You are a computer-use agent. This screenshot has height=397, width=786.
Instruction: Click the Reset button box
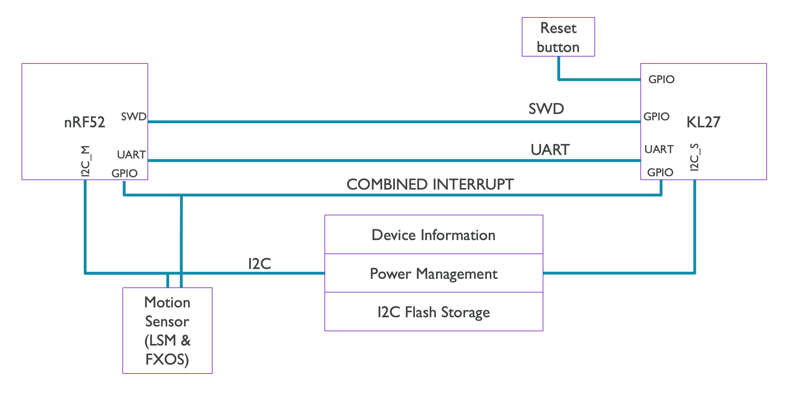558,37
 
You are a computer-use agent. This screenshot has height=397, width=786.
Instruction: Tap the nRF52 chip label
84,122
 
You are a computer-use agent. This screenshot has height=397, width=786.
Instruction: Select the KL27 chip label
703,122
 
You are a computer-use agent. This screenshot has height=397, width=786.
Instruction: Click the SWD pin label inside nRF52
134,117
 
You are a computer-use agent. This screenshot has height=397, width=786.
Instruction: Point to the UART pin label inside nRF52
131,155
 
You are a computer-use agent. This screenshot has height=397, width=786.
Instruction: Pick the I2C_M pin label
86,161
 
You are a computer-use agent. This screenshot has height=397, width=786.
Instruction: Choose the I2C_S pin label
695,157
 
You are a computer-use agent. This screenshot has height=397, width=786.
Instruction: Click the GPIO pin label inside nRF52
124,173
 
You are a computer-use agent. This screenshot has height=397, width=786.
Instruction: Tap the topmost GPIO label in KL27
661,79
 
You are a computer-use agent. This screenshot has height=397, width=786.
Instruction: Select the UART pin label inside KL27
659,149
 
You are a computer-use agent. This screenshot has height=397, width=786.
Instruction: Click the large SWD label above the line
546,109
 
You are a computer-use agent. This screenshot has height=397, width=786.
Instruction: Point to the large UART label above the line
550,150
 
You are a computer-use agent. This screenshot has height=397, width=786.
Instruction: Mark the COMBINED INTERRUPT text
430,185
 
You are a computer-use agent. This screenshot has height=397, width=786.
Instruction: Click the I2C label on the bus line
259,264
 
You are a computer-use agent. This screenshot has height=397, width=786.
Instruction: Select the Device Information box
433,235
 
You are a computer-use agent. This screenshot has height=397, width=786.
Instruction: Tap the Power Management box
433,273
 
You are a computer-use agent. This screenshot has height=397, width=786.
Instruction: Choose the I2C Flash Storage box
433,312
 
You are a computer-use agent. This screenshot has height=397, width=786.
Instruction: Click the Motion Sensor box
167,330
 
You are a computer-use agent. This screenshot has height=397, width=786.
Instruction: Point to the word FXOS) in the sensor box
167,360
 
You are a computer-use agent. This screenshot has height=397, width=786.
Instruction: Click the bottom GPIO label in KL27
660,172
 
